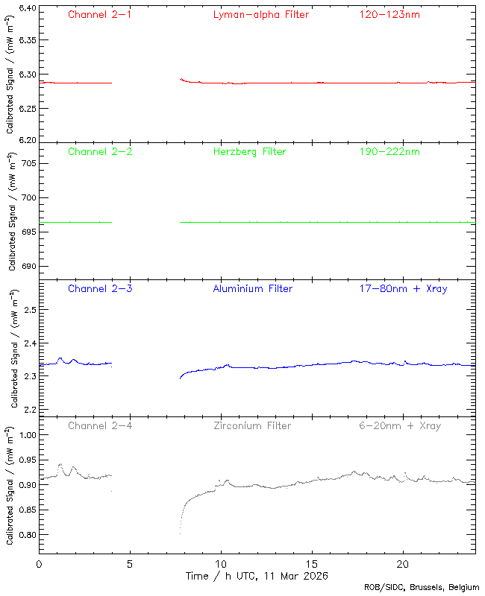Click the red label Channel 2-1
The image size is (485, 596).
click(x=100, y=14)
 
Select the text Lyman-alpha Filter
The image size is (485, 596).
click(x=260, y=14)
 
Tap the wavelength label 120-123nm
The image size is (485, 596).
click(x=389, y=14)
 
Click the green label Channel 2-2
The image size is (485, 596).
click(x=100, y=151)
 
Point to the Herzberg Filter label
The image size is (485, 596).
click(x=249, y=151)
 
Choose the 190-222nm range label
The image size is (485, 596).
click(x=389, y=151)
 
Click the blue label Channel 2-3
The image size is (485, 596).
click(x=100, y=288)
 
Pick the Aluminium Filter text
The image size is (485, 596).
click(x=252, y=288)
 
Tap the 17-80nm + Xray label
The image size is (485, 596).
click(x=403, y=288)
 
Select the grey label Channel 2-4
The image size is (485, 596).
click(x=100, y=425)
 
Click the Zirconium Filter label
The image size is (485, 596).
click(x=252, y=425)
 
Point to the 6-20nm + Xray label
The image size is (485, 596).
click(x=399, y=425)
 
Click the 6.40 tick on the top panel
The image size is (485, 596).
click(x=26, y=9)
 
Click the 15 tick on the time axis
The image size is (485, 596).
click(x=311, y=564)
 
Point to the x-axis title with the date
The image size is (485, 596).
click(x=257, y=576)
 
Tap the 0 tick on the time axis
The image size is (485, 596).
click(x=39, y=564)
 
